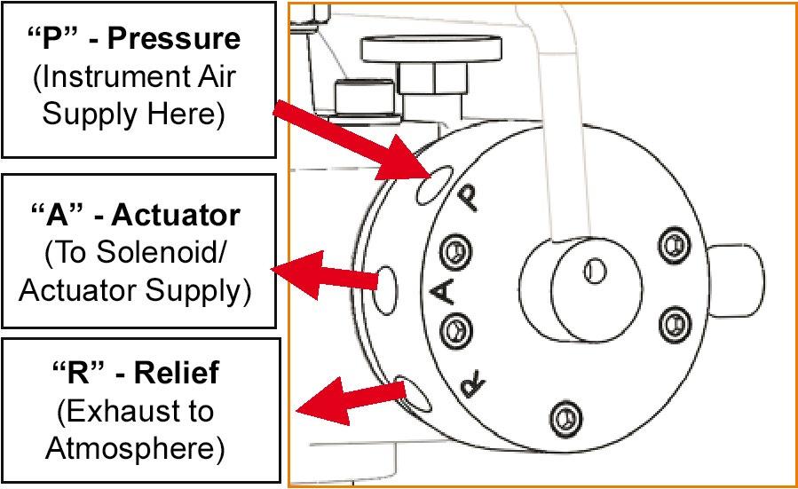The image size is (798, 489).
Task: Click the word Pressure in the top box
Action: pos(174,39)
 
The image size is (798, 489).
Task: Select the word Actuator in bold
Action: pos(176,216)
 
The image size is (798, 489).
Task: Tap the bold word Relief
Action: pos(177,373)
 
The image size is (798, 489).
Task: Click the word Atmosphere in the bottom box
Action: pos(135,448)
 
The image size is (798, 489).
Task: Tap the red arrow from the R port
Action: pos(352,401)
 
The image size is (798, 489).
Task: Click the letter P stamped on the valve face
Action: pos(468,198)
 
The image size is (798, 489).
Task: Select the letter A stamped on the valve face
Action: pos(441,292)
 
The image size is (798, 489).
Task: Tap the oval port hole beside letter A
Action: pos(384,290)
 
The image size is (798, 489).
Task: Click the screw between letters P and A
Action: pos(456,251)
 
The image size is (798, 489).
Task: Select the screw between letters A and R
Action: pos(455,331)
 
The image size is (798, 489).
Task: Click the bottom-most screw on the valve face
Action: pos(566,419)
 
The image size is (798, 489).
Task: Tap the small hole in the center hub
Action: pos(595,272)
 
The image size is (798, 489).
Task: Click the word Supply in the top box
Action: pos(90,114)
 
